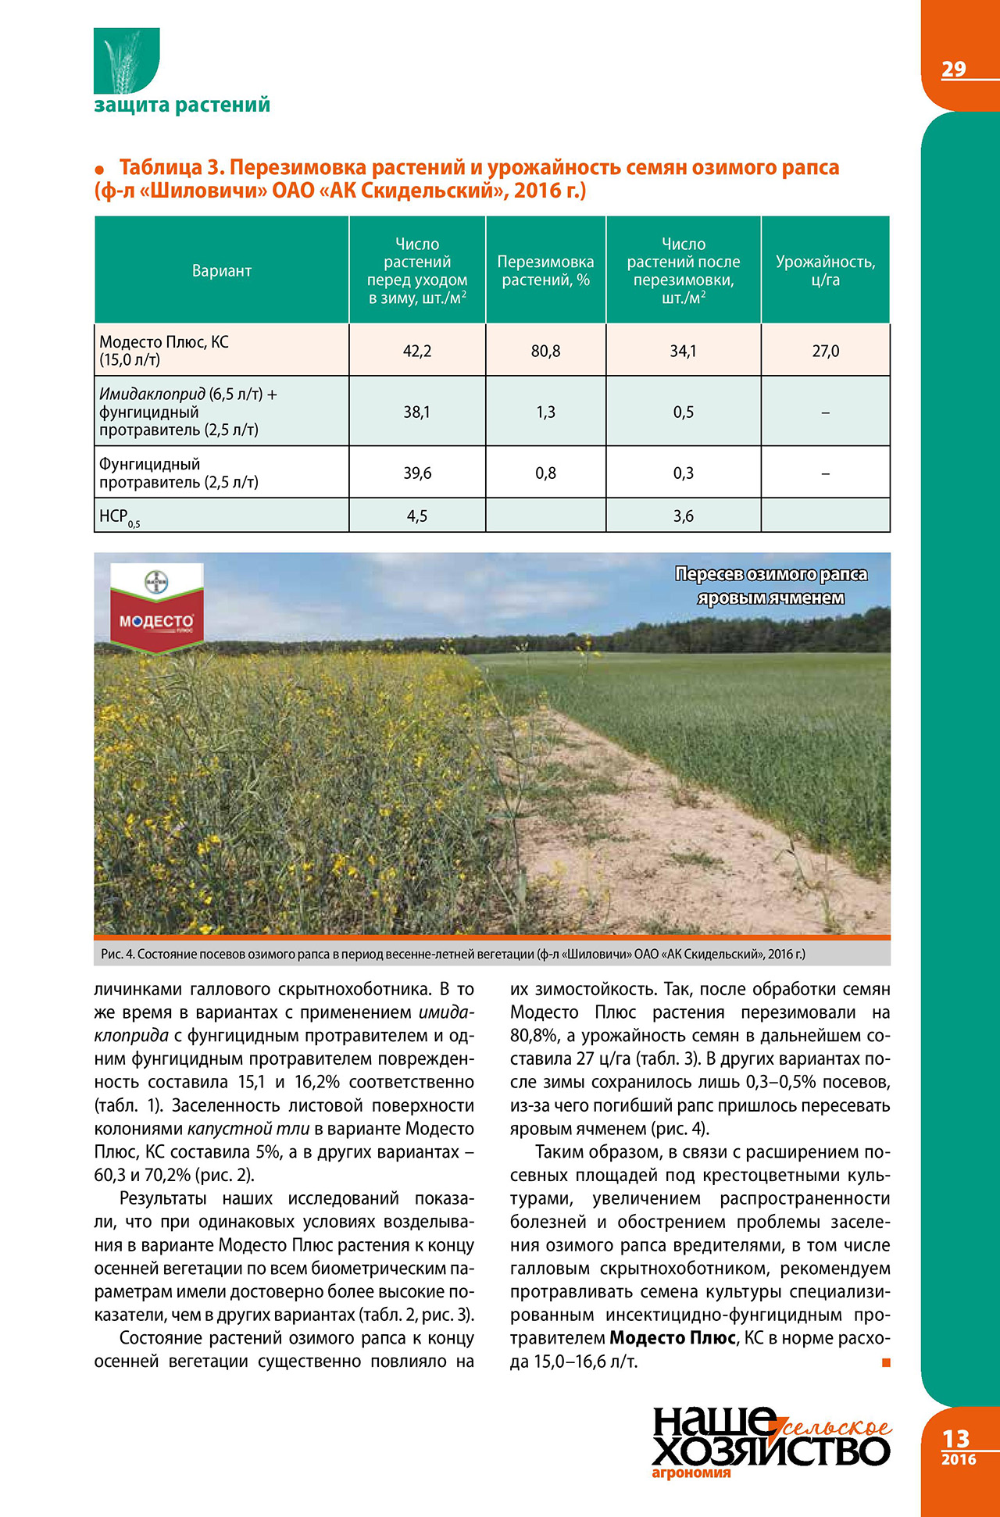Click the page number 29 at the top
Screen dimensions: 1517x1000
(x=953, y=70)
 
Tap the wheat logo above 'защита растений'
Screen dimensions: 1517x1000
(x=126, y=61)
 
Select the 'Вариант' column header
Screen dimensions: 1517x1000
(x=222, y=271)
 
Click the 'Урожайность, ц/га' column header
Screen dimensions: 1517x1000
(x=825, y=271)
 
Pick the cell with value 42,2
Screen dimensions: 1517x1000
(x=417, y=352)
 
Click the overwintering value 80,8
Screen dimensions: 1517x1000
(x=545, y=352)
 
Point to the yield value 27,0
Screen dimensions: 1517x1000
(x=825, y=352)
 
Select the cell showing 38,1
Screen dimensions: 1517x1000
(x=417, y=412)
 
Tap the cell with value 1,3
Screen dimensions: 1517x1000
(x=545, y=412)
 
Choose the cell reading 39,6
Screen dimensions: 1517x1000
(x=417, y=473)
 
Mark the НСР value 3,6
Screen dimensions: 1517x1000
(x=683, y=516)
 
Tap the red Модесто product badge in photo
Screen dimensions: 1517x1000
(x=156, y=622)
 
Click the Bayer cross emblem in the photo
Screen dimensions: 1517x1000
(x=156, y=581)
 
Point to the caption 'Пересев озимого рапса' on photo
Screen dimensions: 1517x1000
(x=770, y=575)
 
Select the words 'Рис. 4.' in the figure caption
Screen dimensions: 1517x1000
(x=118, y=954)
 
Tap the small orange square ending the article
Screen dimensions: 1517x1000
(x=886, y=1362)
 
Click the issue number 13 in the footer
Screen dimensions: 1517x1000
(x=955, y=1439)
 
